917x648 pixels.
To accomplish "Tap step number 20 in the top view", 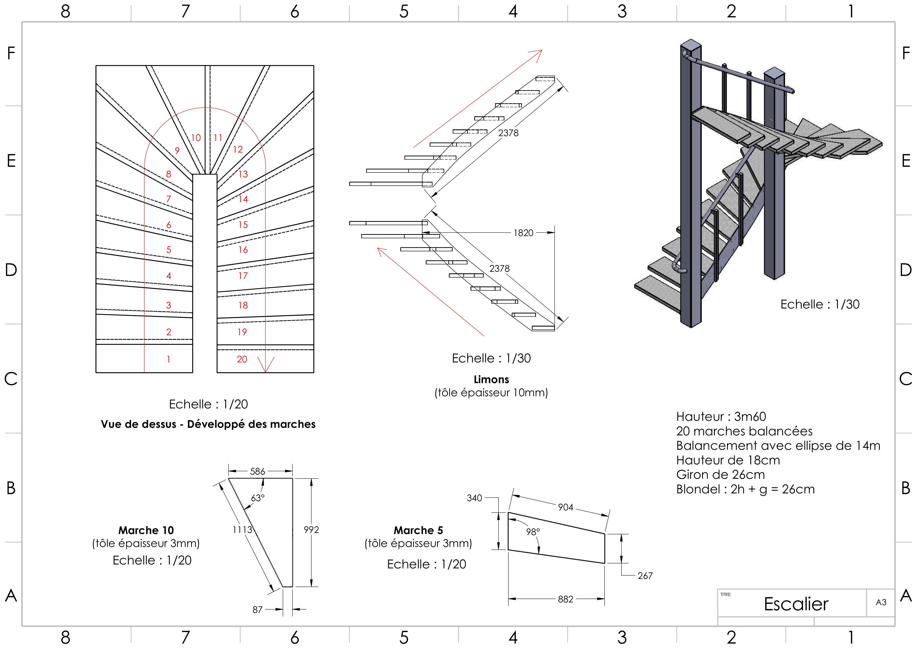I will pos(242,359).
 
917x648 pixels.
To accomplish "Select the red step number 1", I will pos(169,359).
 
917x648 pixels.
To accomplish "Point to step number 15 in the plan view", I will pos(243,225).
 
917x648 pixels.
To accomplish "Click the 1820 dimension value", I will pos(523,233).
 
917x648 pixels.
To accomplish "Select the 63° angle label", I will pos(258,498).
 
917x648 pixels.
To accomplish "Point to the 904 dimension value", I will pos(566,507).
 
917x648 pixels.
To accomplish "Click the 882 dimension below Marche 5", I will pos(566,599).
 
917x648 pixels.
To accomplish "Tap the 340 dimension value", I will pos(474,498).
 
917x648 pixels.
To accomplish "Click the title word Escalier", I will pos(796,604).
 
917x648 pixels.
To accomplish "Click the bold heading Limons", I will pos(491,379).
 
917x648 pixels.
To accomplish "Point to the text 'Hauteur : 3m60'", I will pos(721,416).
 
